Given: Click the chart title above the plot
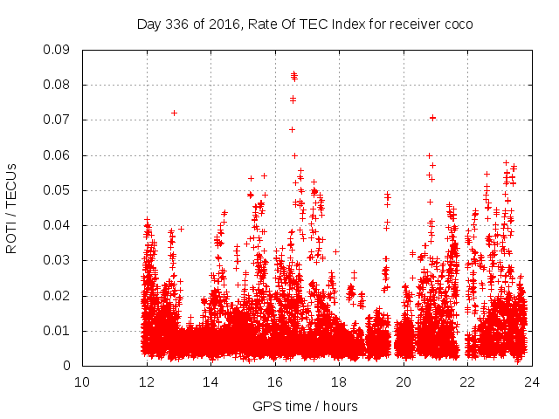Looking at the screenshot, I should click(305, 24).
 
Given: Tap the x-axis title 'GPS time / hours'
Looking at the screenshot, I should click(305, 406).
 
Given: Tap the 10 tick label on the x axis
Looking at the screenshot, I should click(82, 381).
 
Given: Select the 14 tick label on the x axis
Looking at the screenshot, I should click(210, 381).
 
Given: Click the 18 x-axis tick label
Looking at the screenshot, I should click(339, 381).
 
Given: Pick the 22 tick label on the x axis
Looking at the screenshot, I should click(467, 381).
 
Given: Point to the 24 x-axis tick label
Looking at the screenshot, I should click(532, 381).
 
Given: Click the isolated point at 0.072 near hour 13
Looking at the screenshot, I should click(174, 113).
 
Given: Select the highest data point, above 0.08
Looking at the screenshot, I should click(293, 74).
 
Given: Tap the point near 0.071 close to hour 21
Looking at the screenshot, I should click(432, 117).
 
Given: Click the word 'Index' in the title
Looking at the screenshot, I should click(329, 24).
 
